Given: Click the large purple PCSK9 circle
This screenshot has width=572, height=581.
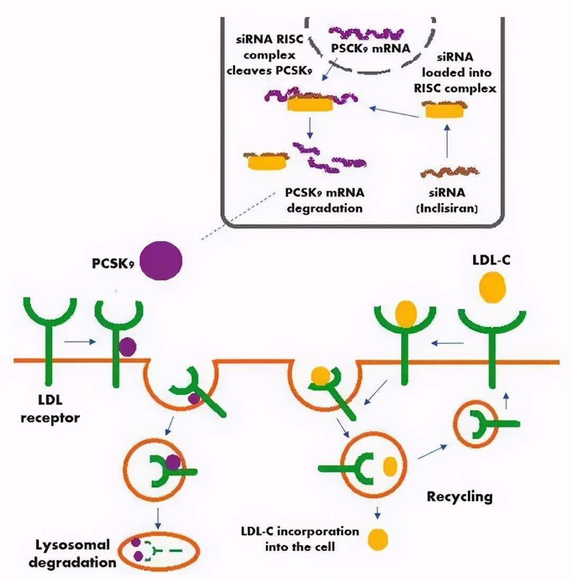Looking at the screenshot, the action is click(161, 260).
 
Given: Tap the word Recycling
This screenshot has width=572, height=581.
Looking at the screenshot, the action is click(459, 496).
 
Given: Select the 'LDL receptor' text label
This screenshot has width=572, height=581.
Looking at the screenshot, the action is click(50, 409).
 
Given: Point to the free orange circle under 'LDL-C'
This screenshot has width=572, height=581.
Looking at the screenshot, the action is click(492, 287).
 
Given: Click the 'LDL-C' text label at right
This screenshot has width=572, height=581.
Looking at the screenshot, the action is click(491, 260).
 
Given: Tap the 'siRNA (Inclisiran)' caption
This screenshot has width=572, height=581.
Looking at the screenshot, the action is click(447, 201).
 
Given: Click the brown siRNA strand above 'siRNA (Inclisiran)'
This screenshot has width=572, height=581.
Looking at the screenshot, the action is click(449, 172).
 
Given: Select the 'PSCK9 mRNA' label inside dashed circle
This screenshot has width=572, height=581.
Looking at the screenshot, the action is click(371, 48).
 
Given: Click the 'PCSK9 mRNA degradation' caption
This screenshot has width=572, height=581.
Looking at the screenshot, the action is click(325, 200).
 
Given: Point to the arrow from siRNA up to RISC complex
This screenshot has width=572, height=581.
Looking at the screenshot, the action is click(447, 141).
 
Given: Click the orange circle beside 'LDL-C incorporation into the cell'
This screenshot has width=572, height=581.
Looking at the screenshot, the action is click(377, 539).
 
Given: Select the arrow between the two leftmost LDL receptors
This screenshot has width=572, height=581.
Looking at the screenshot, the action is click(80, 342).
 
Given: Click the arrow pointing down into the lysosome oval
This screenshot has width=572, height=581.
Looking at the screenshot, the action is click(158, 519).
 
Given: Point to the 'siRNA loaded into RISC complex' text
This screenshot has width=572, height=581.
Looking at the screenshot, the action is click(455, 73).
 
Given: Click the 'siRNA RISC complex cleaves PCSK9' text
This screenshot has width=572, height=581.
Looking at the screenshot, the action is click(270, 55).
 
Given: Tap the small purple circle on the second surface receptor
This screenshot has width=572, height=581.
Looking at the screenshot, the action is click(127, 347).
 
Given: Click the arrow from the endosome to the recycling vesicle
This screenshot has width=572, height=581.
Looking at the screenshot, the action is click(432, 452).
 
